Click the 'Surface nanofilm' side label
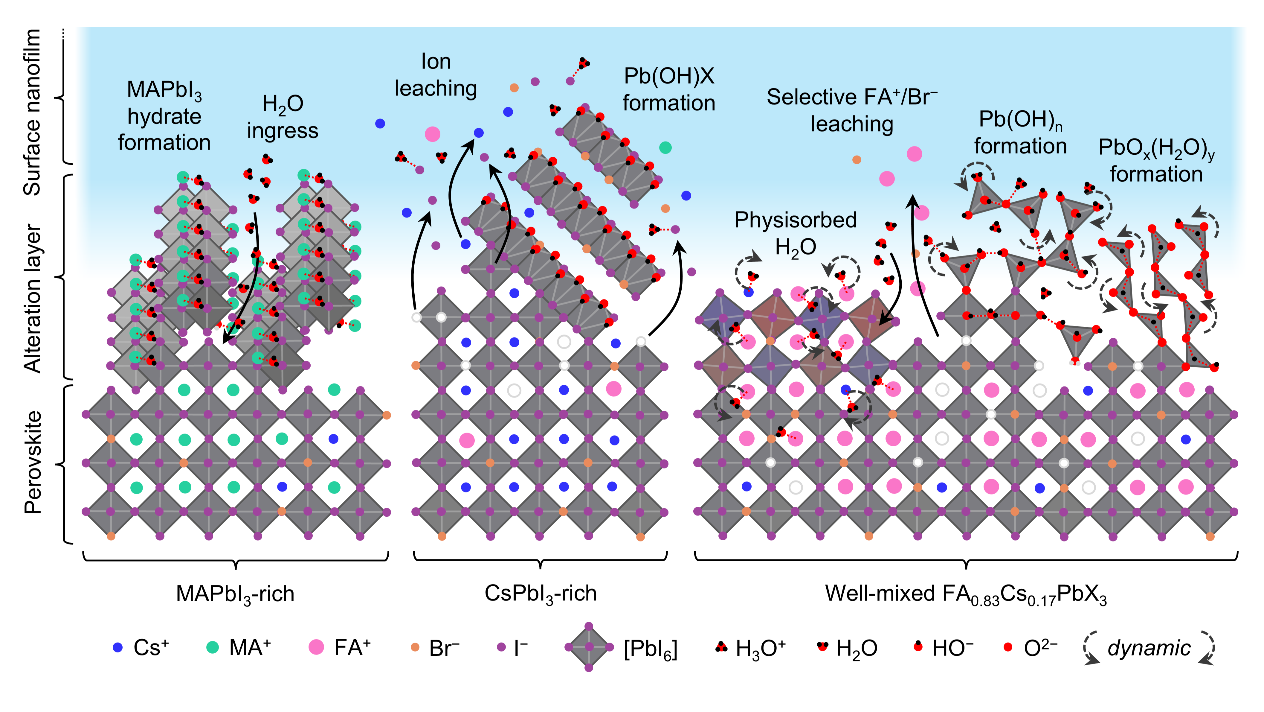tap(32, 112)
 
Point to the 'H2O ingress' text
tap(283, 117)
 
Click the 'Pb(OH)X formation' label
tap(669, 89)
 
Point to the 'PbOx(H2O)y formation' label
tap(1156, 161)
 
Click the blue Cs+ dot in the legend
tap(117, 647)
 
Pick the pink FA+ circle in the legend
tap(317, 647)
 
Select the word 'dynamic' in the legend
tap(1149, 648)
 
